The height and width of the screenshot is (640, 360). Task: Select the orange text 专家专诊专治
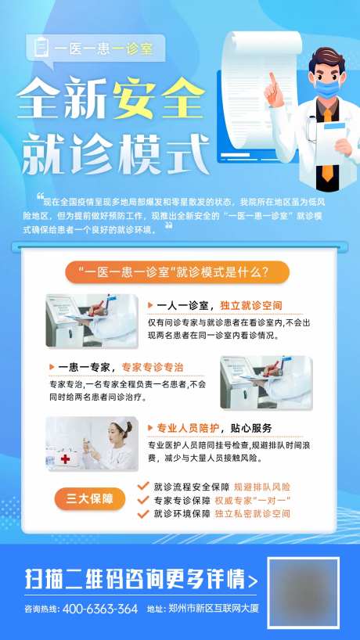click(x=153, y=366)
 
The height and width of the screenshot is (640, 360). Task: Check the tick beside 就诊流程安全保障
click(x=142, y=486)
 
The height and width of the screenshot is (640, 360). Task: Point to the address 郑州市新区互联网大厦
click(x=211, y=609)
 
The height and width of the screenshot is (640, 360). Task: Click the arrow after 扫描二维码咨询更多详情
click(x=252, y=581)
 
